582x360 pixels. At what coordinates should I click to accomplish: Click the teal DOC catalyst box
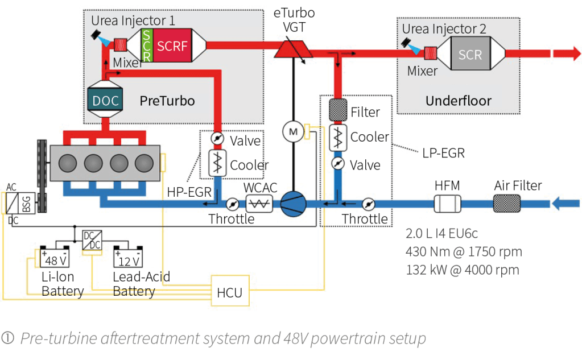[x=105, y=101]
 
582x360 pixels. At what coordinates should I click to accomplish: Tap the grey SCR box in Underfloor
[x=470, y=55]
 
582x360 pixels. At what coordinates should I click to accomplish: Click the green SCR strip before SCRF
[x=147, y=46]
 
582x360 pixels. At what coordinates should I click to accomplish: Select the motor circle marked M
[x=294, y=132]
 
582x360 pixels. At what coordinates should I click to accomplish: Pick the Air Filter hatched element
[x=506, y=203]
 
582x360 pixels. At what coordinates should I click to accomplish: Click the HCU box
[x=229, y=292]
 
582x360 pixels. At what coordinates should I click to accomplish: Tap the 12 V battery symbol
[x=129, y=259]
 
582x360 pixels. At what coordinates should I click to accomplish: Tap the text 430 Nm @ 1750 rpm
[x=463, y=251]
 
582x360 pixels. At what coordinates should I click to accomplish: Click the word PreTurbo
[x=167, y=101]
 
